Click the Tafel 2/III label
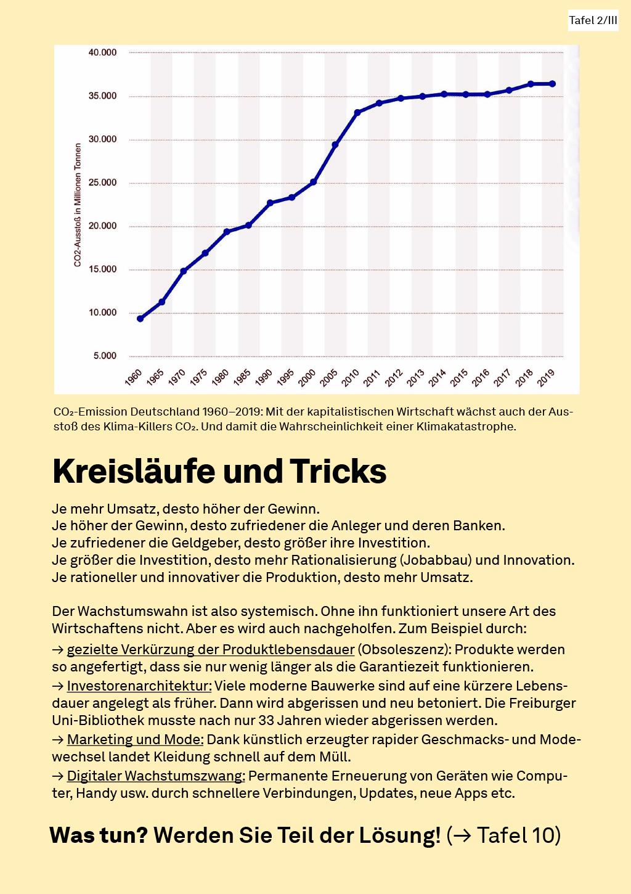click(593, 20)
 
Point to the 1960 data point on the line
click(140, 319)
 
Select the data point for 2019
click(552, 84)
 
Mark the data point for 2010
click(357, 113)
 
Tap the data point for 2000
click(314, 182)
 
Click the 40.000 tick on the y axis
click(102, 52)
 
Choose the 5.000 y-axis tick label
click(105, 356)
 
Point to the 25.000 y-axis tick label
click(102, 182)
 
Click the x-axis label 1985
click(242, 377)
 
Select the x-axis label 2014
click(438, 377)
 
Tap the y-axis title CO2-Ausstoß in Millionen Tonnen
click(78, 205)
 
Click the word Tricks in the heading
click(338, 472)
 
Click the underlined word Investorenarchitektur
click(139, 686)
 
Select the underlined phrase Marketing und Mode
click(135, 740)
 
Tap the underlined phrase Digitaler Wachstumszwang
click(156, 776)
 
